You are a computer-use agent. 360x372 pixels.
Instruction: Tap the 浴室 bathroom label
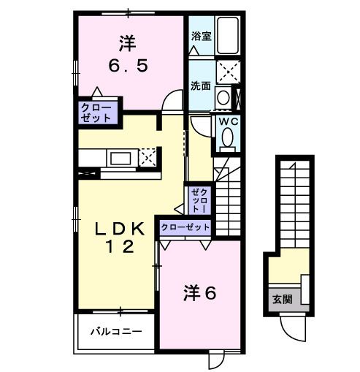point(202,35)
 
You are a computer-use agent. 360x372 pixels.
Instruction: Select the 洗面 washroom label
point(201,85)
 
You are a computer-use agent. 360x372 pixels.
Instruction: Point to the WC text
point(226,121)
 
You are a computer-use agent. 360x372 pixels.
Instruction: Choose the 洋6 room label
point(199,294)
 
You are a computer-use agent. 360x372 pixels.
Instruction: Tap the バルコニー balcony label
point(115,331)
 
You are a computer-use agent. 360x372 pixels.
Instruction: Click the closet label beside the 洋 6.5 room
point(96,112)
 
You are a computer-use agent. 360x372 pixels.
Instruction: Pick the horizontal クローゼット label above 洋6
point(185,227)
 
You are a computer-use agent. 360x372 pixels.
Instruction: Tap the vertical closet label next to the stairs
point(198,198)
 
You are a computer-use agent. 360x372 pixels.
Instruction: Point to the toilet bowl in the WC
point(228,136)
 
